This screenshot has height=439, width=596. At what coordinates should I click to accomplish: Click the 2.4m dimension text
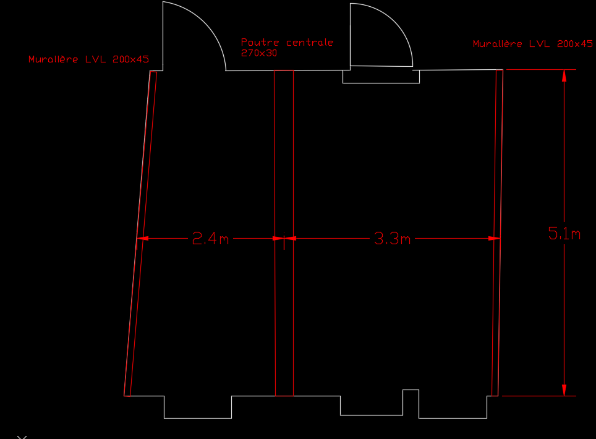point(210,239)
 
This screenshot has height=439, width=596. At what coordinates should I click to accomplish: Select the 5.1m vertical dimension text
point(564,234)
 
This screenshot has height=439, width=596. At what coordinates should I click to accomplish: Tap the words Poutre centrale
point(287,42)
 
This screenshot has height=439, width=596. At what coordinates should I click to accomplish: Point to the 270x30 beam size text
point(259,53)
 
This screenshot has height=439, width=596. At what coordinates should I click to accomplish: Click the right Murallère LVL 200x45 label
point(532,44)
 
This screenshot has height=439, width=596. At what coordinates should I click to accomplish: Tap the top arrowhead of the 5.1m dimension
point(564,75)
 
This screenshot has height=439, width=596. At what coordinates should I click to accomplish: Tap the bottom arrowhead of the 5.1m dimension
point(564,390)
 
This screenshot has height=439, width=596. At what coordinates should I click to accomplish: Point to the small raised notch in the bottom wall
point(411,396)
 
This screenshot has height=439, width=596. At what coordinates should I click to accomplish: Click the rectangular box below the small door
point(381,77)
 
